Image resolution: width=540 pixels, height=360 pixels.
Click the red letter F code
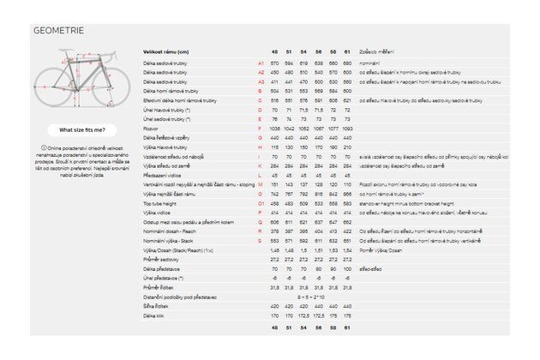259,128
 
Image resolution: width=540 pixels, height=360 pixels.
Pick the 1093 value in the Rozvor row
347,128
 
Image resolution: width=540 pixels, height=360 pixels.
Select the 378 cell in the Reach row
275,231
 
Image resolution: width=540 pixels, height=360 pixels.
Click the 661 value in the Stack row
347,243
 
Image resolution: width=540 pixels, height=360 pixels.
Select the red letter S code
259,243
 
